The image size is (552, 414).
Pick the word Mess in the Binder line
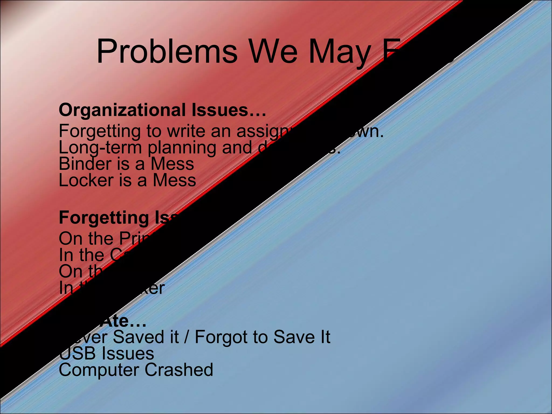click(172, 164)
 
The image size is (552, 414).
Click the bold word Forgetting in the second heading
click(104, 218)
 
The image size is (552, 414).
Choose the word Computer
click(99, 370)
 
